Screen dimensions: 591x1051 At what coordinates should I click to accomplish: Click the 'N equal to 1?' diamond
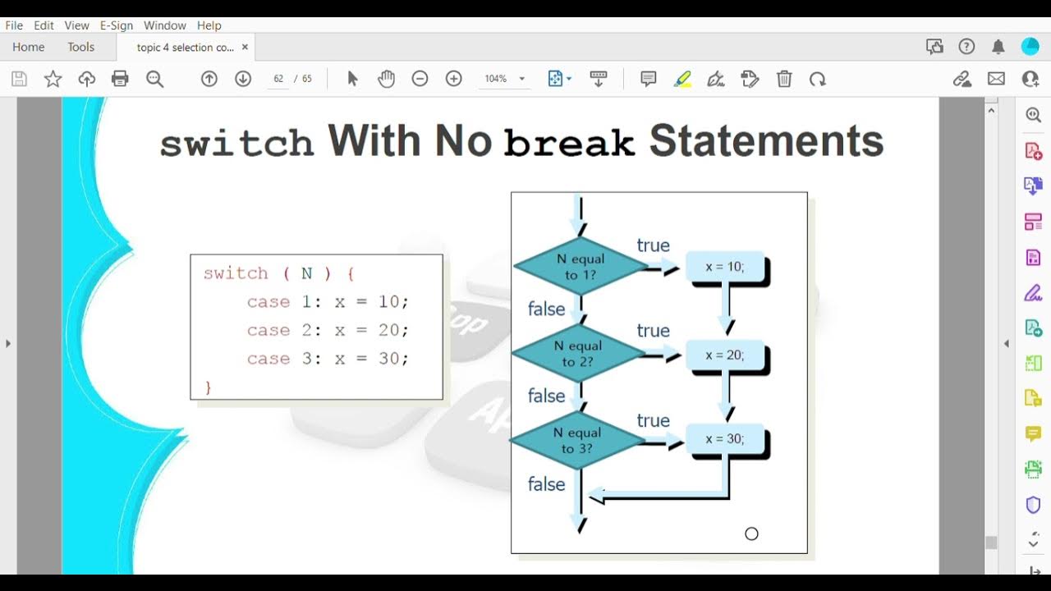[581, 267]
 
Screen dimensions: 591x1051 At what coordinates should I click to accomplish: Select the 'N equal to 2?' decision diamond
[578, 354]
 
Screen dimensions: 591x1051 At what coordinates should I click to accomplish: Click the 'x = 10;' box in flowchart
[724, 267]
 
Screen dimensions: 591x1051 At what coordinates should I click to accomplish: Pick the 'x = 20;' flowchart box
[724, 355]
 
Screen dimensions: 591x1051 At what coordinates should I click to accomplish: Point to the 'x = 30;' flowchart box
[724, 439]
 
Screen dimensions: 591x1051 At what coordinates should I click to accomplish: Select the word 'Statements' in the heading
[766, 141]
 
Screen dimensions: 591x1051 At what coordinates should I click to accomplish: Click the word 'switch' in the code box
[236, 273]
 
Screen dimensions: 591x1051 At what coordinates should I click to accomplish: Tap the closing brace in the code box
[209, 387]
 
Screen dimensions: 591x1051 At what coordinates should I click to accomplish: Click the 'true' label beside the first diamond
[654, 245]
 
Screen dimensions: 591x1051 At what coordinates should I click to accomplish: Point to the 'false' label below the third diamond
[547, 484]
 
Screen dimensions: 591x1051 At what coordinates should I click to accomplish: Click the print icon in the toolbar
[120, 79]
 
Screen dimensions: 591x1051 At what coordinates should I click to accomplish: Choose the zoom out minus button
[420, 79]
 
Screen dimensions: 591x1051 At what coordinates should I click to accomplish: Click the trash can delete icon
[784, 79]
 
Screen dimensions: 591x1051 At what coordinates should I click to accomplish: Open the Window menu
[165, 25]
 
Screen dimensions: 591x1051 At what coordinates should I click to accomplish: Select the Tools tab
[81, 47]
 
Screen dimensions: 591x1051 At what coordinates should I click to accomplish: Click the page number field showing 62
[278, 79]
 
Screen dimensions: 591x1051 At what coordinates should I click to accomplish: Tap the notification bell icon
[998, 47]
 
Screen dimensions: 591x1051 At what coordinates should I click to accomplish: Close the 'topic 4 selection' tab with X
[245, 47]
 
